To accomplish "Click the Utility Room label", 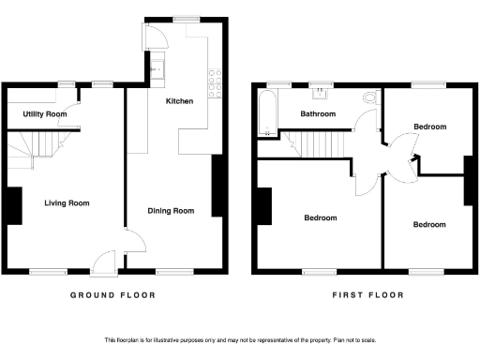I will tap(45, 114).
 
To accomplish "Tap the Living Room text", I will tap(66, 202).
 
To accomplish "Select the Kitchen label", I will tap(179, 100).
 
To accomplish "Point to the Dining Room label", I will tap(171, 211).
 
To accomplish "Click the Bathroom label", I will tap(318, 114).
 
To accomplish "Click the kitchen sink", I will tap(158, 67).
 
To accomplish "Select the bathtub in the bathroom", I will tap(262, 115).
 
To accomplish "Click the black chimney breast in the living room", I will tap(15, 206).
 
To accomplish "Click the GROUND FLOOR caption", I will tap(113, 295).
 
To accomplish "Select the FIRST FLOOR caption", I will tap(367, 295).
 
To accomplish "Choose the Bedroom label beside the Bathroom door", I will tap(429, 126).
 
